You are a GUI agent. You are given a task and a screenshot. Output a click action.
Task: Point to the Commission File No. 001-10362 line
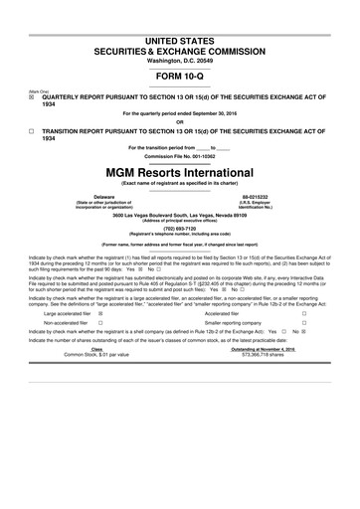click(180, 155)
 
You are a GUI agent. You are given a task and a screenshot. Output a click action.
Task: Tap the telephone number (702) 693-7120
click(180, 224)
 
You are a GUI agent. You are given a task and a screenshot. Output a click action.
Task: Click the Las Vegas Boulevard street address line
click(180, 213)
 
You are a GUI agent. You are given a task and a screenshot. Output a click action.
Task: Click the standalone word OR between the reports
click(180, 122)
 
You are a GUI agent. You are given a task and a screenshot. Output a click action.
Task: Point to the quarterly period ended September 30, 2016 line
click(180, 113)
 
